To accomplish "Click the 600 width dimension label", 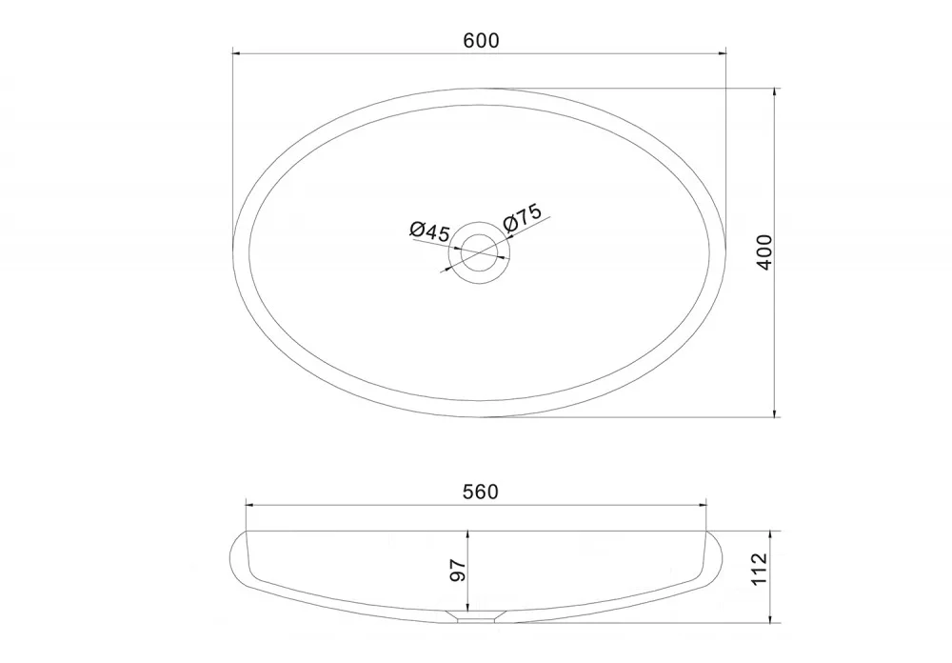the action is pos(481,41).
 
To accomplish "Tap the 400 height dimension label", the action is pos(765,252).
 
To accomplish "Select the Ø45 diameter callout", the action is pos(429,231).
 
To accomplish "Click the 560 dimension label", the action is pos(480,492).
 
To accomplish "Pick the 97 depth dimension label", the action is pos(458,571).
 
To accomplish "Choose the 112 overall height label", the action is pos(760,569).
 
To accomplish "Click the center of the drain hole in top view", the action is pos(479,252).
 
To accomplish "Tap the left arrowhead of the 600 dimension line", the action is pos(237,53).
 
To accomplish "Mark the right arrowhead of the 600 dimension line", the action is pos(722,53).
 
